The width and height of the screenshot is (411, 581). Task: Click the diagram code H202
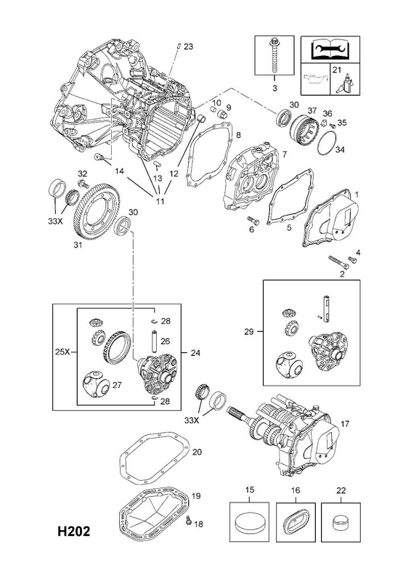click(73, 532)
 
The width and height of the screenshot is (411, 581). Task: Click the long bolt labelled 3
click(274, 55)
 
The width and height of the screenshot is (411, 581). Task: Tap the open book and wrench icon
click(330, 49)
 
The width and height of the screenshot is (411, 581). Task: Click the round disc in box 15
click(249, 523)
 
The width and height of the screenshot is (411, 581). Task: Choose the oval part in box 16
click(296, 523)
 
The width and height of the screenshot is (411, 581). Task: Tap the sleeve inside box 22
click(341, 523)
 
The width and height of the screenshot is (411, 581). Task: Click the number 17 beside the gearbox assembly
click(345, 423)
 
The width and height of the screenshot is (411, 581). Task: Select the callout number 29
click(249, 331)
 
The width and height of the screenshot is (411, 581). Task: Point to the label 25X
click(62, 352)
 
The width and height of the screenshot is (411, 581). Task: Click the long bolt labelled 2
click(338, 263)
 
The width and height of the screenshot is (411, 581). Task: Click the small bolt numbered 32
click(82, 184)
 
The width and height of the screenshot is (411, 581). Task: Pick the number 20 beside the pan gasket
click(198, 452)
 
